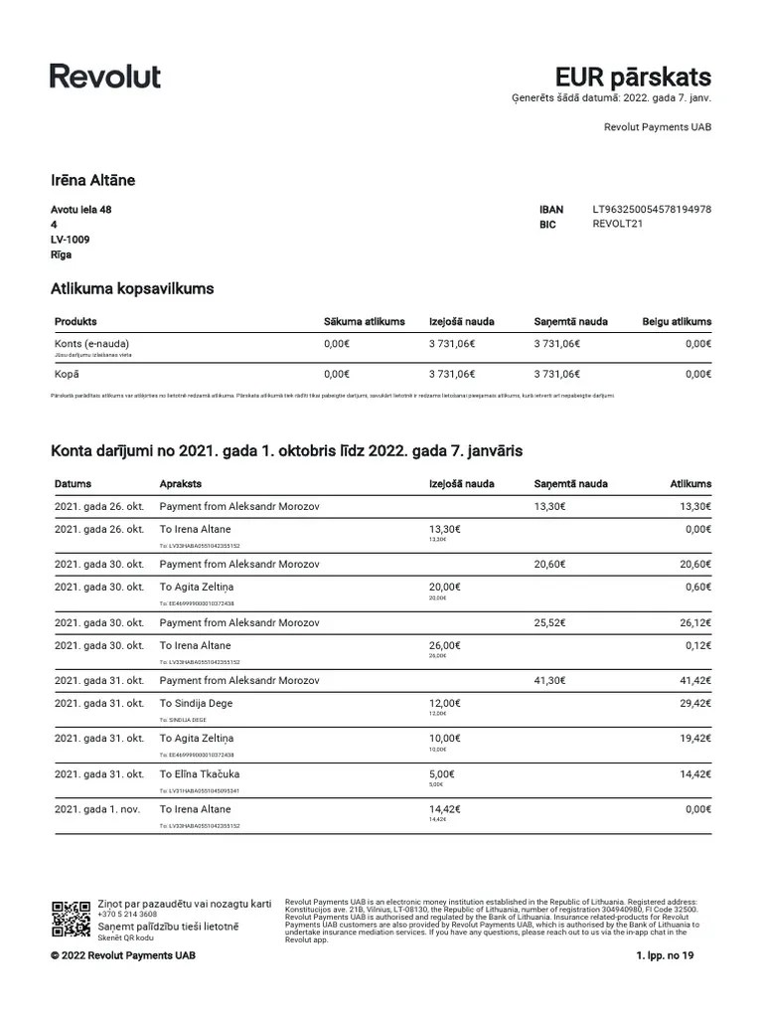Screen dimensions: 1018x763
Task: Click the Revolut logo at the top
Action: [x=105, y=77]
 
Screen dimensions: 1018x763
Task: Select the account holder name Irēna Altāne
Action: [x=92, y=180]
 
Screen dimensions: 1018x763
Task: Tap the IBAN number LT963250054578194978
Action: [x=652, y=210]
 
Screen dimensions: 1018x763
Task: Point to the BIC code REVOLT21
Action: [x=618, y=225]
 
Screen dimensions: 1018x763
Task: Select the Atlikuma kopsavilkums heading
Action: [x=132, y=289]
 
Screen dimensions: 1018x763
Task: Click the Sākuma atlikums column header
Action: [x=365, y=322]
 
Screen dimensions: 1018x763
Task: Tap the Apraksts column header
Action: [x=181, y=484]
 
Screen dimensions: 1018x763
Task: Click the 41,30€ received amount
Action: [x=550, y=680]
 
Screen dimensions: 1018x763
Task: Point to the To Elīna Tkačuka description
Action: [x=200, y=773]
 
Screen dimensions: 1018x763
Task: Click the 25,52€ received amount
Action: [x=550, y=622]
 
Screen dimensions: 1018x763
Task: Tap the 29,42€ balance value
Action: [x=694, y=702]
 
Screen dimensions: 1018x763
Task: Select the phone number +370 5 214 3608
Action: [x=126, y=914]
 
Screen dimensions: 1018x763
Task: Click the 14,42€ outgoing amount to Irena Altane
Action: [x=444, y=809]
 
